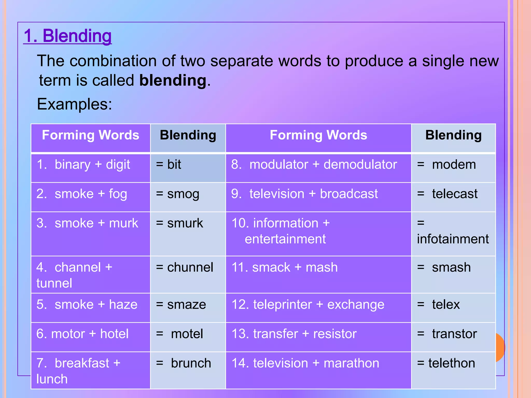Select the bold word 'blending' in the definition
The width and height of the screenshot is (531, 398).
173,80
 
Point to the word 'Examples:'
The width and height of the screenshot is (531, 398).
74,104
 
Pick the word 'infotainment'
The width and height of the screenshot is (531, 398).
453,239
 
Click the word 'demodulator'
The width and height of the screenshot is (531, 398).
360,165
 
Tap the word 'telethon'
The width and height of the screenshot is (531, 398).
452,363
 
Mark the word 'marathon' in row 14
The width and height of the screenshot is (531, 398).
351,363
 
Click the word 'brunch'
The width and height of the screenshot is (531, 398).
191,363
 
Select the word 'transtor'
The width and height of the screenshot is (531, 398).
454,334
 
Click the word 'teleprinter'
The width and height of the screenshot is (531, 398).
282,305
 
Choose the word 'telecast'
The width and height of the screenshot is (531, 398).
455,194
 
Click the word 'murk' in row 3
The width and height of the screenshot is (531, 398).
123,223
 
